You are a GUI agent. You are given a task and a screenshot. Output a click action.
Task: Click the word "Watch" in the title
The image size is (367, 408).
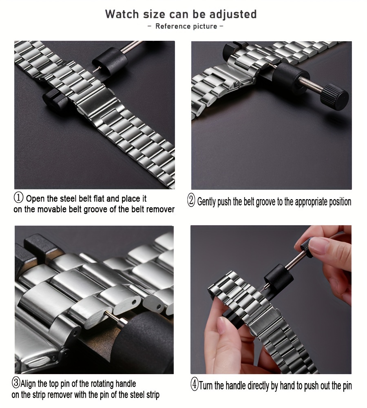click(122, 14)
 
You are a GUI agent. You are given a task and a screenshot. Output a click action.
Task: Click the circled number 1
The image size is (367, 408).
click(18, 198)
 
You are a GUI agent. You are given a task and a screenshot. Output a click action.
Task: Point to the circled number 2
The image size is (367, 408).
click(191, 201)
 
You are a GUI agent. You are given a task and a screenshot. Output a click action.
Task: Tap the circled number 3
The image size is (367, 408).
click(16, 383)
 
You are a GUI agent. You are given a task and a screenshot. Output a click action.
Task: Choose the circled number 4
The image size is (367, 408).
click(195, 385)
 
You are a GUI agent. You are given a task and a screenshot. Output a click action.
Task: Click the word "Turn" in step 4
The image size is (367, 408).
click(206, 386)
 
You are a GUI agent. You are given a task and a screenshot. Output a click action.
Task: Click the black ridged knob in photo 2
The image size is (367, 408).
click(334, 97)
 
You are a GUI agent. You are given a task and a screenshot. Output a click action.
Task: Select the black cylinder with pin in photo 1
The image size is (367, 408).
click(111, 62)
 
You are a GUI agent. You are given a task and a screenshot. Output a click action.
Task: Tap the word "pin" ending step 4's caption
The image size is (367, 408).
click(347, 386)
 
